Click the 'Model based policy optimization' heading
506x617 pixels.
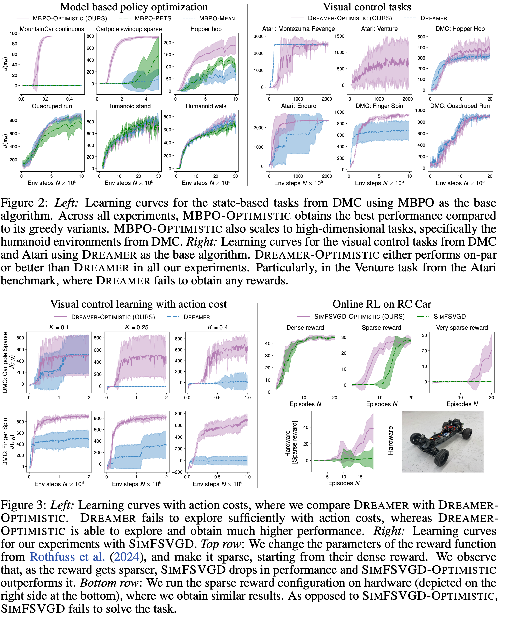134,7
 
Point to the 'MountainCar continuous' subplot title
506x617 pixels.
52,29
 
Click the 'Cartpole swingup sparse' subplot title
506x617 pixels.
129,29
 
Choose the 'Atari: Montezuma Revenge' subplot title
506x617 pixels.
299,29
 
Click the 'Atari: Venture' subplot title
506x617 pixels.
379,29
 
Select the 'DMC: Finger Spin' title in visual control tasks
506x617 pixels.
379,106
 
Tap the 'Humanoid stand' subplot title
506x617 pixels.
129,106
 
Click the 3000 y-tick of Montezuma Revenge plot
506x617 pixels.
259,36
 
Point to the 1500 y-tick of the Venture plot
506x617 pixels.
339,36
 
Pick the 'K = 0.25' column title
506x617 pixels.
136,327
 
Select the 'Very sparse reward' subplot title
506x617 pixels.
462,328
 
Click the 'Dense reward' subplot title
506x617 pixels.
305,328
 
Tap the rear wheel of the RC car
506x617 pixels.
441,457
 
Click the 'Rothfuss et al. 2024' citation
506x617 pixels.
84,557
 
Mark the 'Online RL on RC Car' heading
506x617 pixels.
382,304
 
